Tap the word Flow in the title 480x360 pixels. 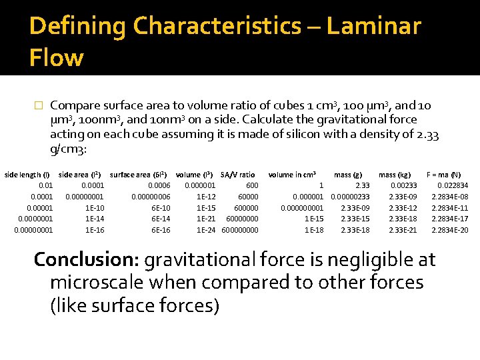[56, 58]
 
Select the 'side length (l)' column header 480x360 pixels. [27, 175]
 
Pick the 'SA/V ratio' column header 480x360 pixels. [238, 175]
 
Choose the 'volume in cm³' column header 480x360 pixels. [292, 175]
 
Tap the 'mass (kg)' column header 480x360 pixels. [395, 175]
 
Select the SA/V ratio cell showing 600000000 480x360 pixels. [239, 230]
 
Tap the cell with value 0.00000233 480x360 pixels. [350, 197]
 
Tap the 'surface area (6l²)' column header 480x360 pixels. [138, 175]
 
